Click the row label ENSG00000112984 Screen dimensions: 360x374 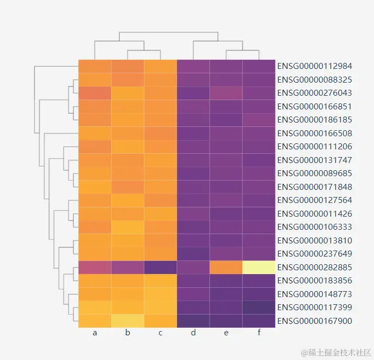pos(314,66)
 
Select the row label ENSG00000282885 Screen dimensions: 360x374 pos(314,268)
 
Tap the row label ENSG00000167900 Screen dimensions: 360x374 pos(314,321)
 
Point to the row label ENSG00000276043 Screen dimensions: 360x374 pos(314,93)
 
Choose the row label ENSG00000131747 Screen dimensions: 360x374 pos(314,160)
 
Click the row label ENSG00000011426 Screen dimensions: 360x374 pos(314,214)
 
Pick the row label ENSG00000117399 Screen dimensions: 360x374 pos(314,307)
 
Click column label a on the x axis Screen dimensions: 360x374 pos(95,333)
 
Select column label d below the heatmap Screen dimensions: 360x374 pos(193,333)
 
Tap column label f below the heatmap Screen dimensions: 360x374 pos(258,333)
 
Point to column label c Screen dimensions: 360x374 pos(160,333)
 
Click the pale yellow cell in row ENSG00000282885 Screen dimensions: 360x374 pos(258,268)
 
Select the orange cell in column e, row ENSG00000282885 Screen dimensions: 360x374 pos(226,268)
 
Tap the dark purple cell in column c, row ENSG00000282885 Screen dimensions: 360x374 pos(160,268)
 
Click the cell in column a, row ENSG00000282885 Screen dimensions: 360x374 pos(95,268)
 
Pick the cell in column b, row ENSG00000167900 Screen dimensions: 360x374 pos(128,321)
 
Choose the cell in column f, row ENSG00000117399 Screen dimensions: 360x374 pos(258,307)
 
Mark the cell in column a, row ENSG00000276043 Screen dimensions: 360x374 pos(95,93)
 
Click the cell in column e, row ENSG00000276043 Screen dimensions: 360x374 pos(226,93)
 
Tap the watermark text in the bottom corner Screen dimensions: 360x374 pos(332,351)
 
